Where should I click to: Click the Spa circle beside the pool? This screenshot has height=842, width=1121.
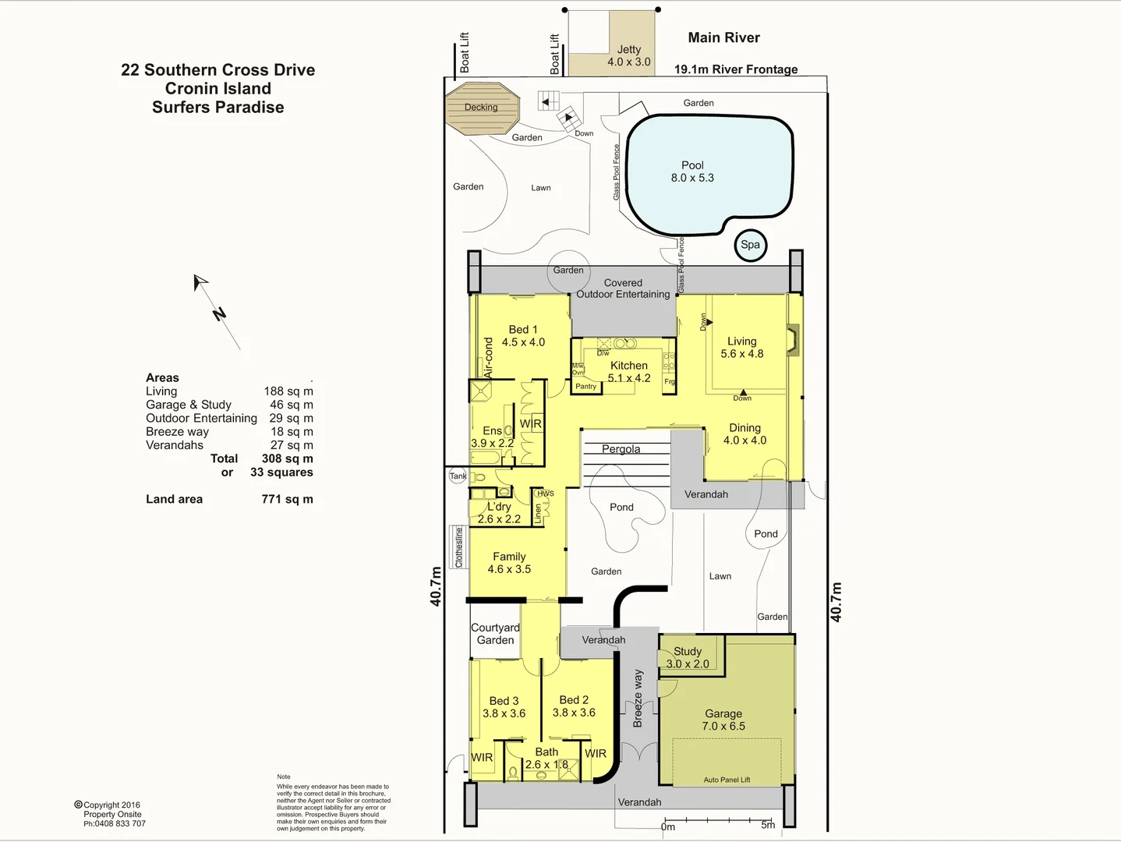(750, 245)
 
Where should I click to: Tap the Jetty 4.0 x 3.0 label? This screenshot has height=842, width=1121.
(629, 55)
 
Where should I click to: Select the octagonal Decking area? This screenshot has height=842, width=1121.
(482, 108)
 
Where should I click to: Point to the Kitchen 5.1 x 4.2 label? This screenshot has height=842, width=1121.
(629, 372)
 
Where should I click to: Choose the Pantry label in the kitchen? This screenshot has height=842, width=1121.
(585, 386)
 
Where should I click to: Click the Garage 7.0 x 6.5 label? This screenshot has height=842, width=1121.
(723, 720)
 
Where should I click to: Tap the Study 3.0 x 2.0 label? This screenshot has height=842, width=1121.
(688, 657)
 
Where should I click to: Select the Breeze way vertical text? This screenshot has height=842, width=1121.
(638, 699)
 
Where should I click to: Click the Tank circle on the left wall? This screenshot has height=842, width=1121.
(458, 476)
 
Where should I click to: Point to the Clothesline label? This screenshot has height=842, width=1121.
(459, 547)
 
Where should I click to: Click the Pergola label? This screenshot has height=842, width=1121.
(621, 449)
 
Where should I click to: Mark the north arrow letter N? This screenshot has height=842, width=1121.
(219, 314)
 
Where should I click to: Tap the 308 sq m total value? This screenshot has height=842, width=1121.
(287, 458)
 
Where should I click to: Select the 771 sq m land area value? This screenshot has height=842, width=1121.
(287, 499)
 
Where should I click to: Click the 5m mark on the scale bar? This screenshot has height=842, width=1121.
(768, 824)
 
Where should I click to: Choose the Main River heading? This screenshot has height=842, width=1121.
(723, 37)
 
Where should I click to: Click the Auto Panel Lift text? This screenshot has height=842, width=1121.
(727, 780)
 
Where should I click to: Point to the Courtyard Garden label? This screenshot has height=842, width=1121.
(495, 634)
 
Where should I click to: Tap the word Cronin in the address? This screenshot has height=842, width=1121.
(191, 89)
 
